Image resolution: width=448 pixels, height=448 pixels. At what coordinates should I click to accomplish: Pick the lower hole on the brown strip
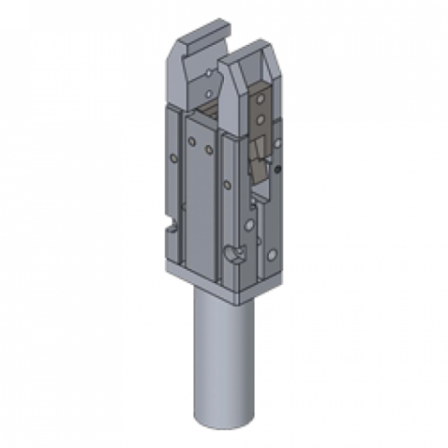(260, 117)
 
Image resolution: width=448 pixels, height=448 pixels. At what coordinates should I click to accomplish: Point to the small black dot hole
(278, 171)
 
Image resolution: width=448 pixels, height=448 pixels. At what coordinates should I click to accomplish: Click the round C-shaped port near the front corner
(237, 255)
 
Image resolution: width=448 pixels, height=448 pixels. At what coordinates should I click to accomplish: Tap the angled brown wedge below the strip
(256, 169)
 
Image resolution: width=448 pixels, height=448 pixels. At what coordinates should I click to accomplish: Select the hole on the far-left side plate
(175, 158)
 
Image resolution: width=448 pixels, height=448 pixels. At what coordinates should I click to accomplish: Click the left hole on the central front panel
(193, 140)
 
